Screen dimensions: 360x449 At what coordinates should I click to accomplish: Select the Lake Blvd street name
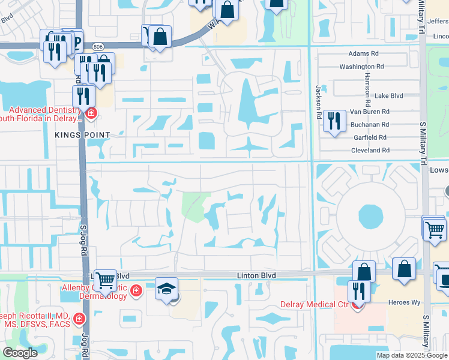tap(388, 95)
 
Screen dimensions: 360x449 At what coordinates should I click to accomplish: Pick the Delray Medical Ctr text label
tap(314, 304)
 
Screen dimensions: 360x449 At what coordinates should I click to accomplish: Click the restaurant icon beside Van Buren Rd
tap(332, 121)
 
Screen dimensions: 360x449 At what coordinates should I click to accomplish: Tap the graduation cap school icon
tap(166, 289)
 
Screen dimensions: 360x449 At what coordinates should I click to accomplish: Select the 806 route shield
tap(97, 46)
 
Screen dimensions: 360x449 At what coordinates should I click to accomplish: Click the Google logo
tap(20, 352)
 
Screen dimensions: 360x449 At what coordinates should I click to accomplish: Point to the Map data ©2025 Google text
tap(412, 355)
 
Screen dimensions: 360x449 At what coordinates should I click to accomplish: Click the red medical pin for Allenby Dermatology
tap(136, 290)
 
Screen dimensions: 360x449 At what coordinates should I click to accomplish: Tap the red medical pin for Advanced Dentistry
tap(91, 113)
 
